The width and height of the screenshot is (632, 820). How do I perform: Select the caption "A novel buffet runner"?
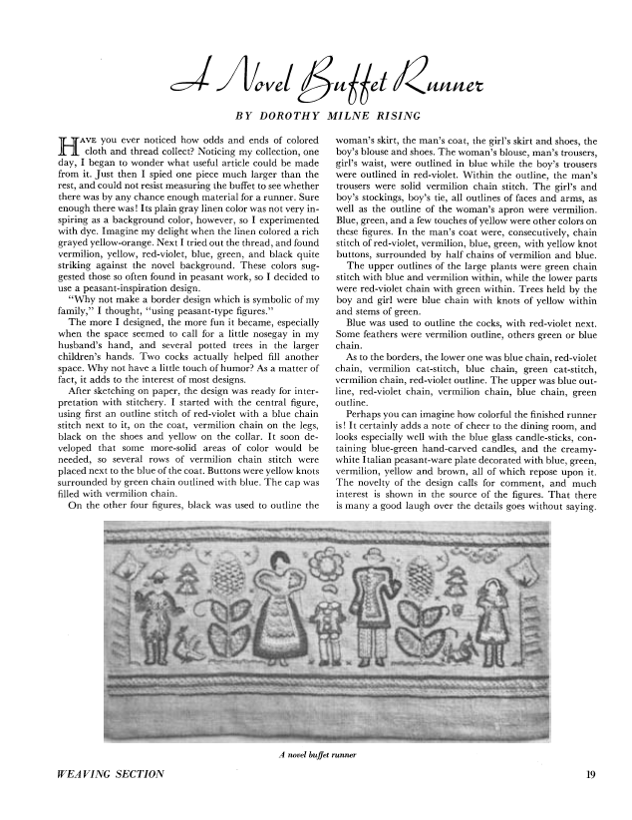tap(316, 754)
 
